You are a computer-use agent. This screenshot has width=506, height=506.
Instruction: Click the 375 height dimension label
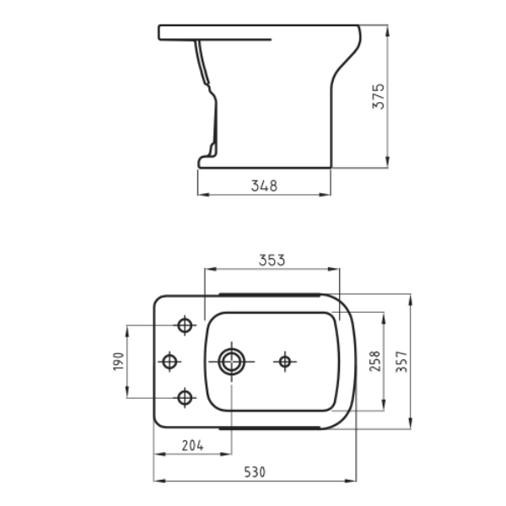[x=379, y=96]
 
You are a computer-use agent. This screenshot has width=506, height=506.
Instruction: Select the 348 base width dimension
[x=264, y=186]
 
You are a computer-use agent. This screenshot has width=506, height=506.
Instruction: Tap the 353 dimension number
[x=272, y=260]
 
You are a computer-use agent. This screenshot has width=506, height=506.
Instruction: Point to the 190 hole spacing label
[x=119, y=362]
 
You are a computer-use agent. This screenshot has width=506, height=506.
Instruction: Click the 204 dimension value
[x=192, y=445]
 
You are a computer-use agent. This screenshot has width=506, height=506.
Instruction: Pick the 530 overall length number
[x=255, y=472]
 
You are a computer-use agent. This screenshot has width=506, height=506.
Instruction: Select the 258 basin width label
[x=375, y=362]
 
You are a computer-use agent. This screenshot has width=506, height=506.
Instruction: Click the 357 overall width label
[x=401, y=362]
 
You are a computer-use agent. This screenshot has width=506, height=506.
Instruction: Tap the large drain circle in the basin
[x=231, y=362]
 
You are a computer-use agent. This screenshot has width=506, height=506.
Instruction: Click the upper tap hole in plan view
[x=185, y=326]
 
